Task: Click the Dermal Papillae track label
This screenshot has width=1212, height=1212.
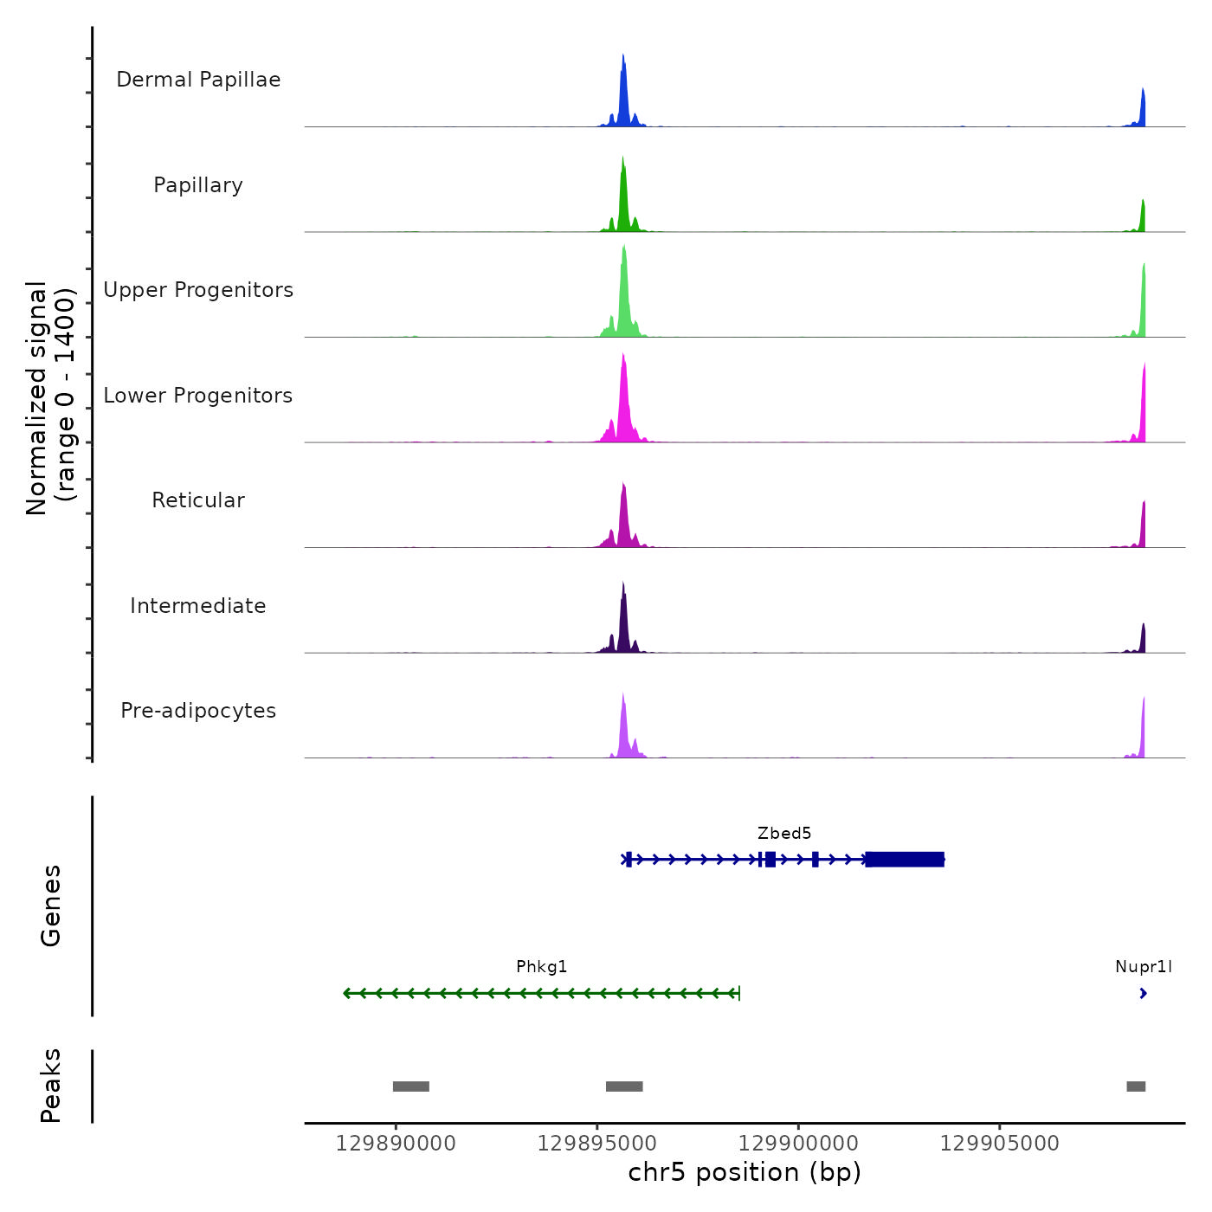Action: click(x=198, y=80)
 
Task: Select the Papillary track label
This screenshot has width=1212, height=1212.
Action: click(x=198, y=185)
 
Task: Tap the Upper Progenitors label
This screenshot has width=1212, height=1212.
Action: click(x=198, y=290)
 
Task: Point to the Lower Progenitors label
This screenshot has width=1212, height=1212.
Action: click(x=198, y=396)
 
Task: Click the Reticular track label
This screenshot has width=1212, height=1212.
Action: click(x=198, y=500)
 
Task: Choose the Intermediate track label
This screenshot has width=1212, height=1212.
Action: click(x=198, y=606)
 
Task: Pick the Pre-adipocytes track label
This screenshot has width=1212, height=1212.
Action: click(x=198, y=711)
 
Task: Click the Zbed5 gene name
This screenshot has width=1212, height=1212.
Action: click(x=784, y=834)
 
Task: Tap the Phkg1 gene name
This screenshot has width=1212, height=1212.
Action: click(x=542, y=967)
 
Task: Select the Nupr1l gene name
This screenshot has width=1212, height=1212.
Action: click(x=1144, y=967)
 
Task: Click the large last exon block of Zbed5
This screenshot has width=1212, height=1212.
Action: click(x=905, y=860)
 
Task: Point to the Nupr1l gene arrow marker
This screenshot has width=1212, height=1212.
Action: click(x=1144, y=994)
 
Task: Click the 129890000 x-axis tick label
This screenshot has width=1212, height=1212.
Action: click(x=396, y=1144)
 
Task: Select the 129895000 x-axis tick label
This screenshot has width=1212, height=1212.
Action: click(x=597, y=1144)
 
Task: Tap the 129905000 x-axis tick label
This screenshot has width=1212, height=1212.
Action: click(x=1000, y=1144)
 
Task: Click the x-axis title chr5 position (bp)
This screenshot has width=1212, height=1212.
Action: click(x=745, y=1173)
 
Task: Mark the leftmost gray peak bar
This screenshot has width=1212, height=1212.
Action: click(x=411, y=1086)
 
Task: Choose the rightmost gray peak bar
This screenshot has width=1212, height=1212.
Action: click(x=1136, y=1086)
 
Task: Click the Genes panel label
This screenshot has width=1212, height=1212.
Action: click(x=51, y=906)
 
